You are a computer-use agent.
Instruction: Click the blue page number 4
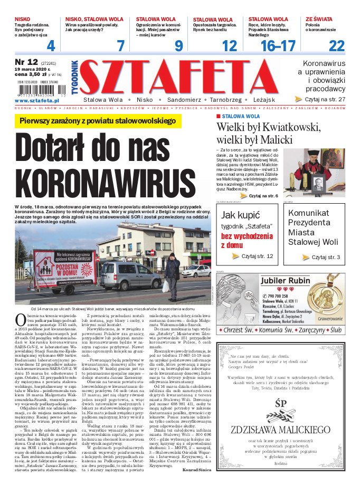point(51,45)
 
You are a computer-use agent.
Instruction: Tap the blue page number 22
point(336,45)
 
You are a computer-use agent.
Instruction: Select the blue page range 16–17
point(278,45)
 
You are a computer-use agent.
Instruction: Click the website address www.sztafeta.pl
point(36,100)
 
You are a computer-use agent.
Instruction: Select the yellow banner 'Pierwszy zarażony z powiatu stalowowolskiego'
point(97,121)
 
